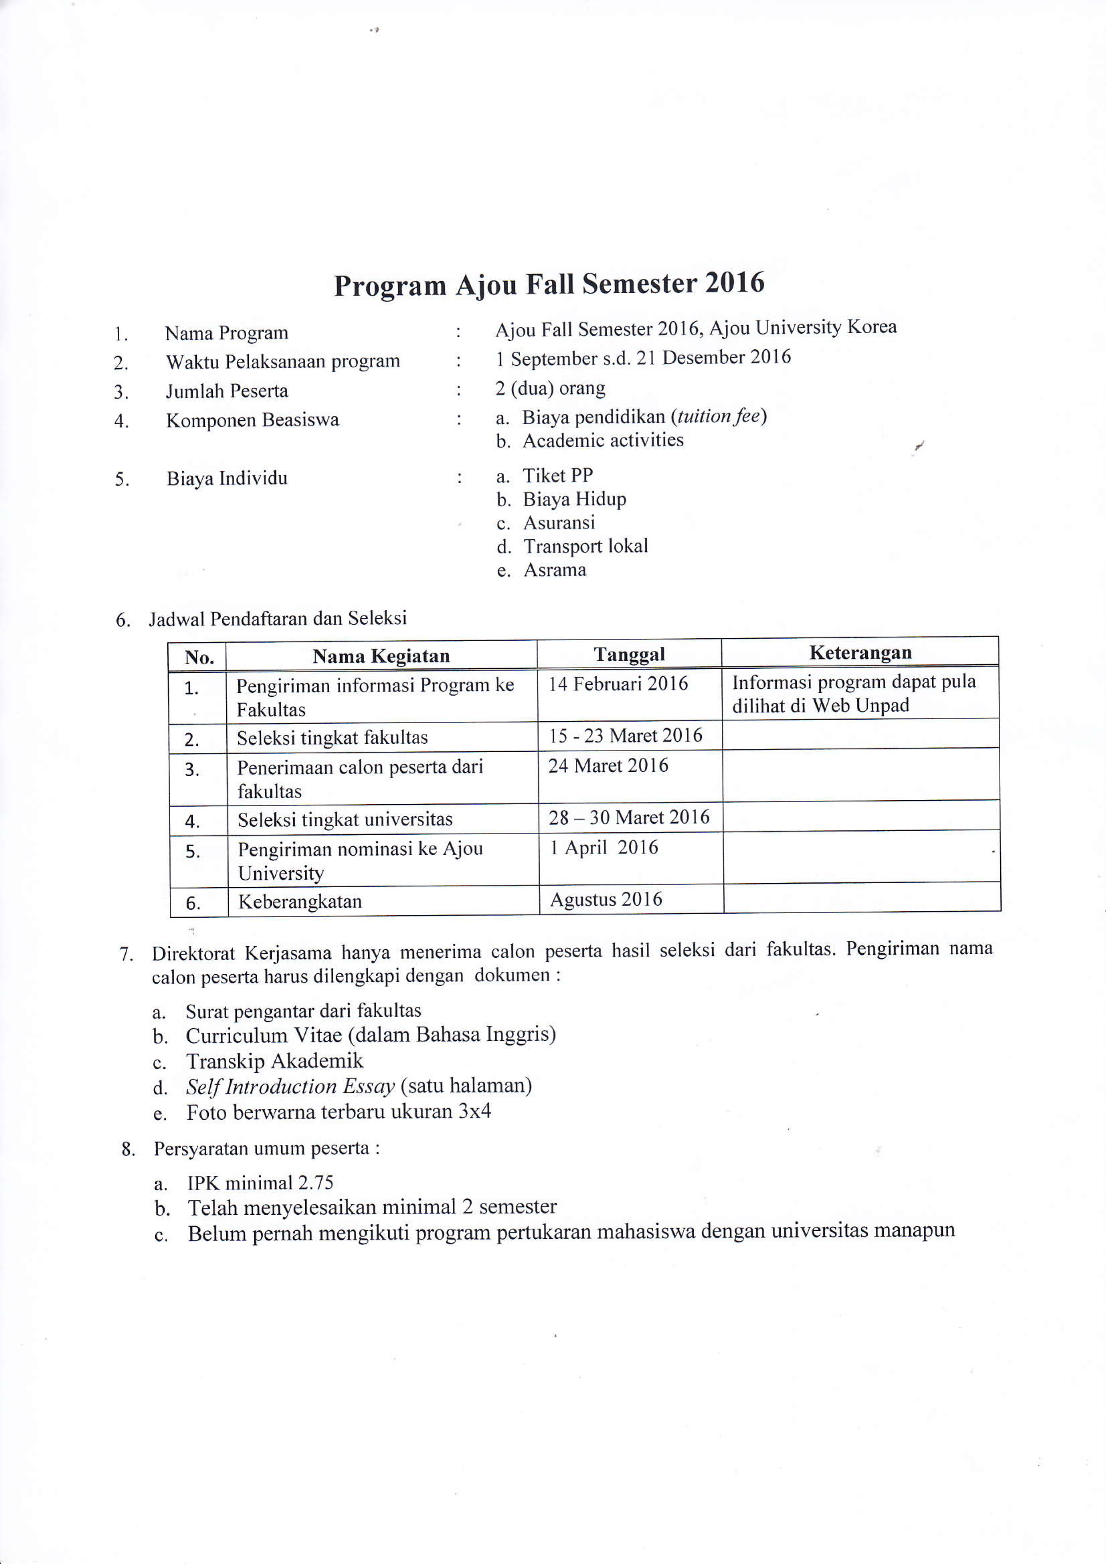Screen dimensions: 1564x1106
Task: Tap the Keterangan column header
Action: pyautogui.click(x=860, y=653)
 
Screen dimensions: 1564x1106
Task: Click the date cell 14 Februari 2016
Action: pyautogui.click(x=618, y=683)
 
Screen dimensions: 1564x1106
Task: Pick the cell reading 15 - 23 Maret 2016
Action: pyautogui.click(x=625, y=736)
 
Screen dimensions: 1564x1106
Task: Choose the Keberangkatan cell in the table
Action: pyautogui.click(x=300, y=902)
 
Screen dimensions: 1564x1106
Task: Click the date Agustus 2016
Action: pyautogui.click(x=606, y=899)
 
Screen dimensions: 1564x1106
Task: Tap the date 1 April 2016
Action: pyautogui.click(x=604, y=848)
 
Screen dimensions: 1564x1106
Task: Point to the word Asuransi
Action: pyautogui.click(x=559, y=522)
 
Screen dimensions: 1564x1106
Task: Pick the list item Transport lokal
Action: pyautogui.click(x=585, y=546)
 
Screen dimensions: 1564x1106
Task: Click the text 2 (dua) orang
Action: pyautogui.click(x=550, y=388)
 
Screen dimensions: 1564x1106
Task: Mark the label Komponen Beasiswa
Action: pyautogui.click(x=252, y=420)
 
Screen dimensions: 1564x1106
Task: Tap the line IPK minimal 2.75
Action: pyautogui.click(x=260, y=1183)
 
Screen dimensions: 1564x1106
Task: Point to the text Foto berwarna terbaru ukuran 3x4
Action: pyautogui.click(x=339, y=1112)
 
